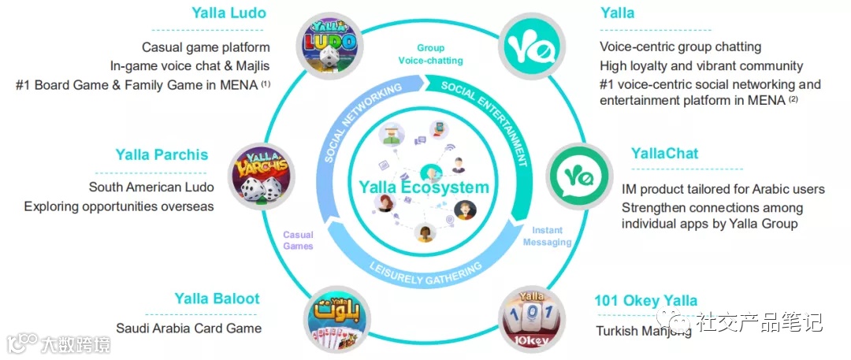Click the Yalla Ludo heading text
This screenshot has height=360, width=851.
[x=229, y=13]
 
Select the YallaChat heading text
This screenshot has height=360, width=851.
[x=664, y=153]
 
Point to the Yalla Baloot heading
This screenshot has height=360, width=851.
[x=217, y=299]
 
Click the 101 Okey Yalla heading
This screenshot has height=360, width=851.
[x=646, y=300]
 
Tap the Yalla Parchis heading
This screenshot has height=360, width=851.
[x=162, y=154]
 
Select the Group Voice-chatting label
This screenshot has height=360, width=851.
[x=429, y=54]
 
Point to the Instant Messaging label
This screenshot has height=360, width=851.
[x=546, y=236]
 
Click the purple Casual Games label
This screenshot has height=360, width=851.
[x=298, y=240]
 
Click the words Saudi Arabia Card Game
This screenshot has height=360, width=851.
[x=188, y=328]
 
